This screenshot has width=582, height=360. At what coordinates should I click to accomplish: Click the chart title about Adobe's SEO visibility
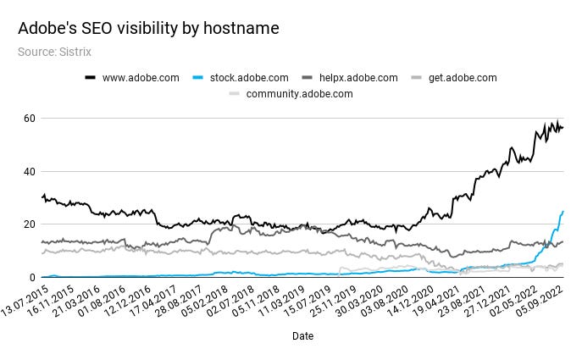click(x=148, y=29)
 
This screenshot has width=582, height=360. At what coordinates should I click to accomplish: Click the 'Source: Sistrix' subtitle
click(x=54, y=52)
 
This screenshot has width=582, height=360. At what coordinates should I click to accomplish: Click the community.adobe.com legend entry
click(x=299, y=93)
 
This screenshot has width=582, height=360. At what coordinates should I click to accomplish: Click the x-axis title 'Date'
click(x=302, y=336)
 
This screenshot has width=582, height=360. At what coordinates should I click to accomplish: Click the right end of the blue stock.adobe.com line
click(x=563, y=211)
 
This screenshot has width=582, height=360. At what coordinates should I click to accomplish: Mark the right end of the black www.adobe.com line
click(x=563, y=128)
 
